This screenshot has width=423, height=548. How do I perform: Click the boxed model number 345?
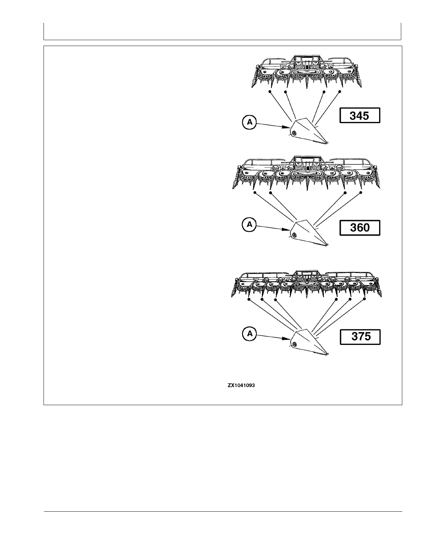pyautogui.click(x=359, y=116)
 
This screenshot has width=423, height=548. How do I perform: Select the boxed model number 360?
pyautogui.click(x=360, y=228)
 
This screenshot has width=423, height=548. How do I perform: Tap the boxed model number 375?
pyautogui.click(x=360, y=337)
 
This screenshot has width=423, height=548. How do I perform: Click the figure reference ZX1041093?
pyautogui.click(x=241, y=385)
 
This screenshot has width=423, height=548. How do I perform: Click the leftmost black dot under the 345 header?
pyautogui.click(x=270, y=92)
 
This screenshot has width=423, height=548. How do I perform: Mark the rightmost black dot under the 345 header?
pyautogui.click(x=340, y=92)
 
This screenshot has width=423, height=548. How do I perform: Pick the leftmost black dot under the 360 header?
pyautogui.click(x=255, y=192)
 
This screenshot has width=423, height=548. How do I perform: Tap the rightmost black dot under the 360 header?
pyautogui.click(x=361, y=192)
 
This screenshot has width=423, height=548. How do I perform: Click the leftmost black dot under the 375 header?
pyautogui.click(x=249, y=299)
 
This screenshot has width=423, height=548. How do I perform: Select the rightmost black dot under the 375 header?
pyautogui.click(x=364, y=299)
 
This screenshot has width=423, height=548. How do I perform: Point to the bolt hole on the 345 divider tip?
pyautogui.click(x=293, y=133)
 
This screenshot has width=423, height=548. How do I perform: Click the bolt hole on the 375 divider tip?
pyautogui.click(x=293, y=344)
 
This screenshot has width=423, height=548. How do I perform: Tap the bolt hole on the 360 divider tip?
pyautogui.click(x=293, y=235)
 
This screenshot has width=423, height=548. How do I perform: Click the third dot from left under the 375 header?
pyautogui.click(x=275, y=299)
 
